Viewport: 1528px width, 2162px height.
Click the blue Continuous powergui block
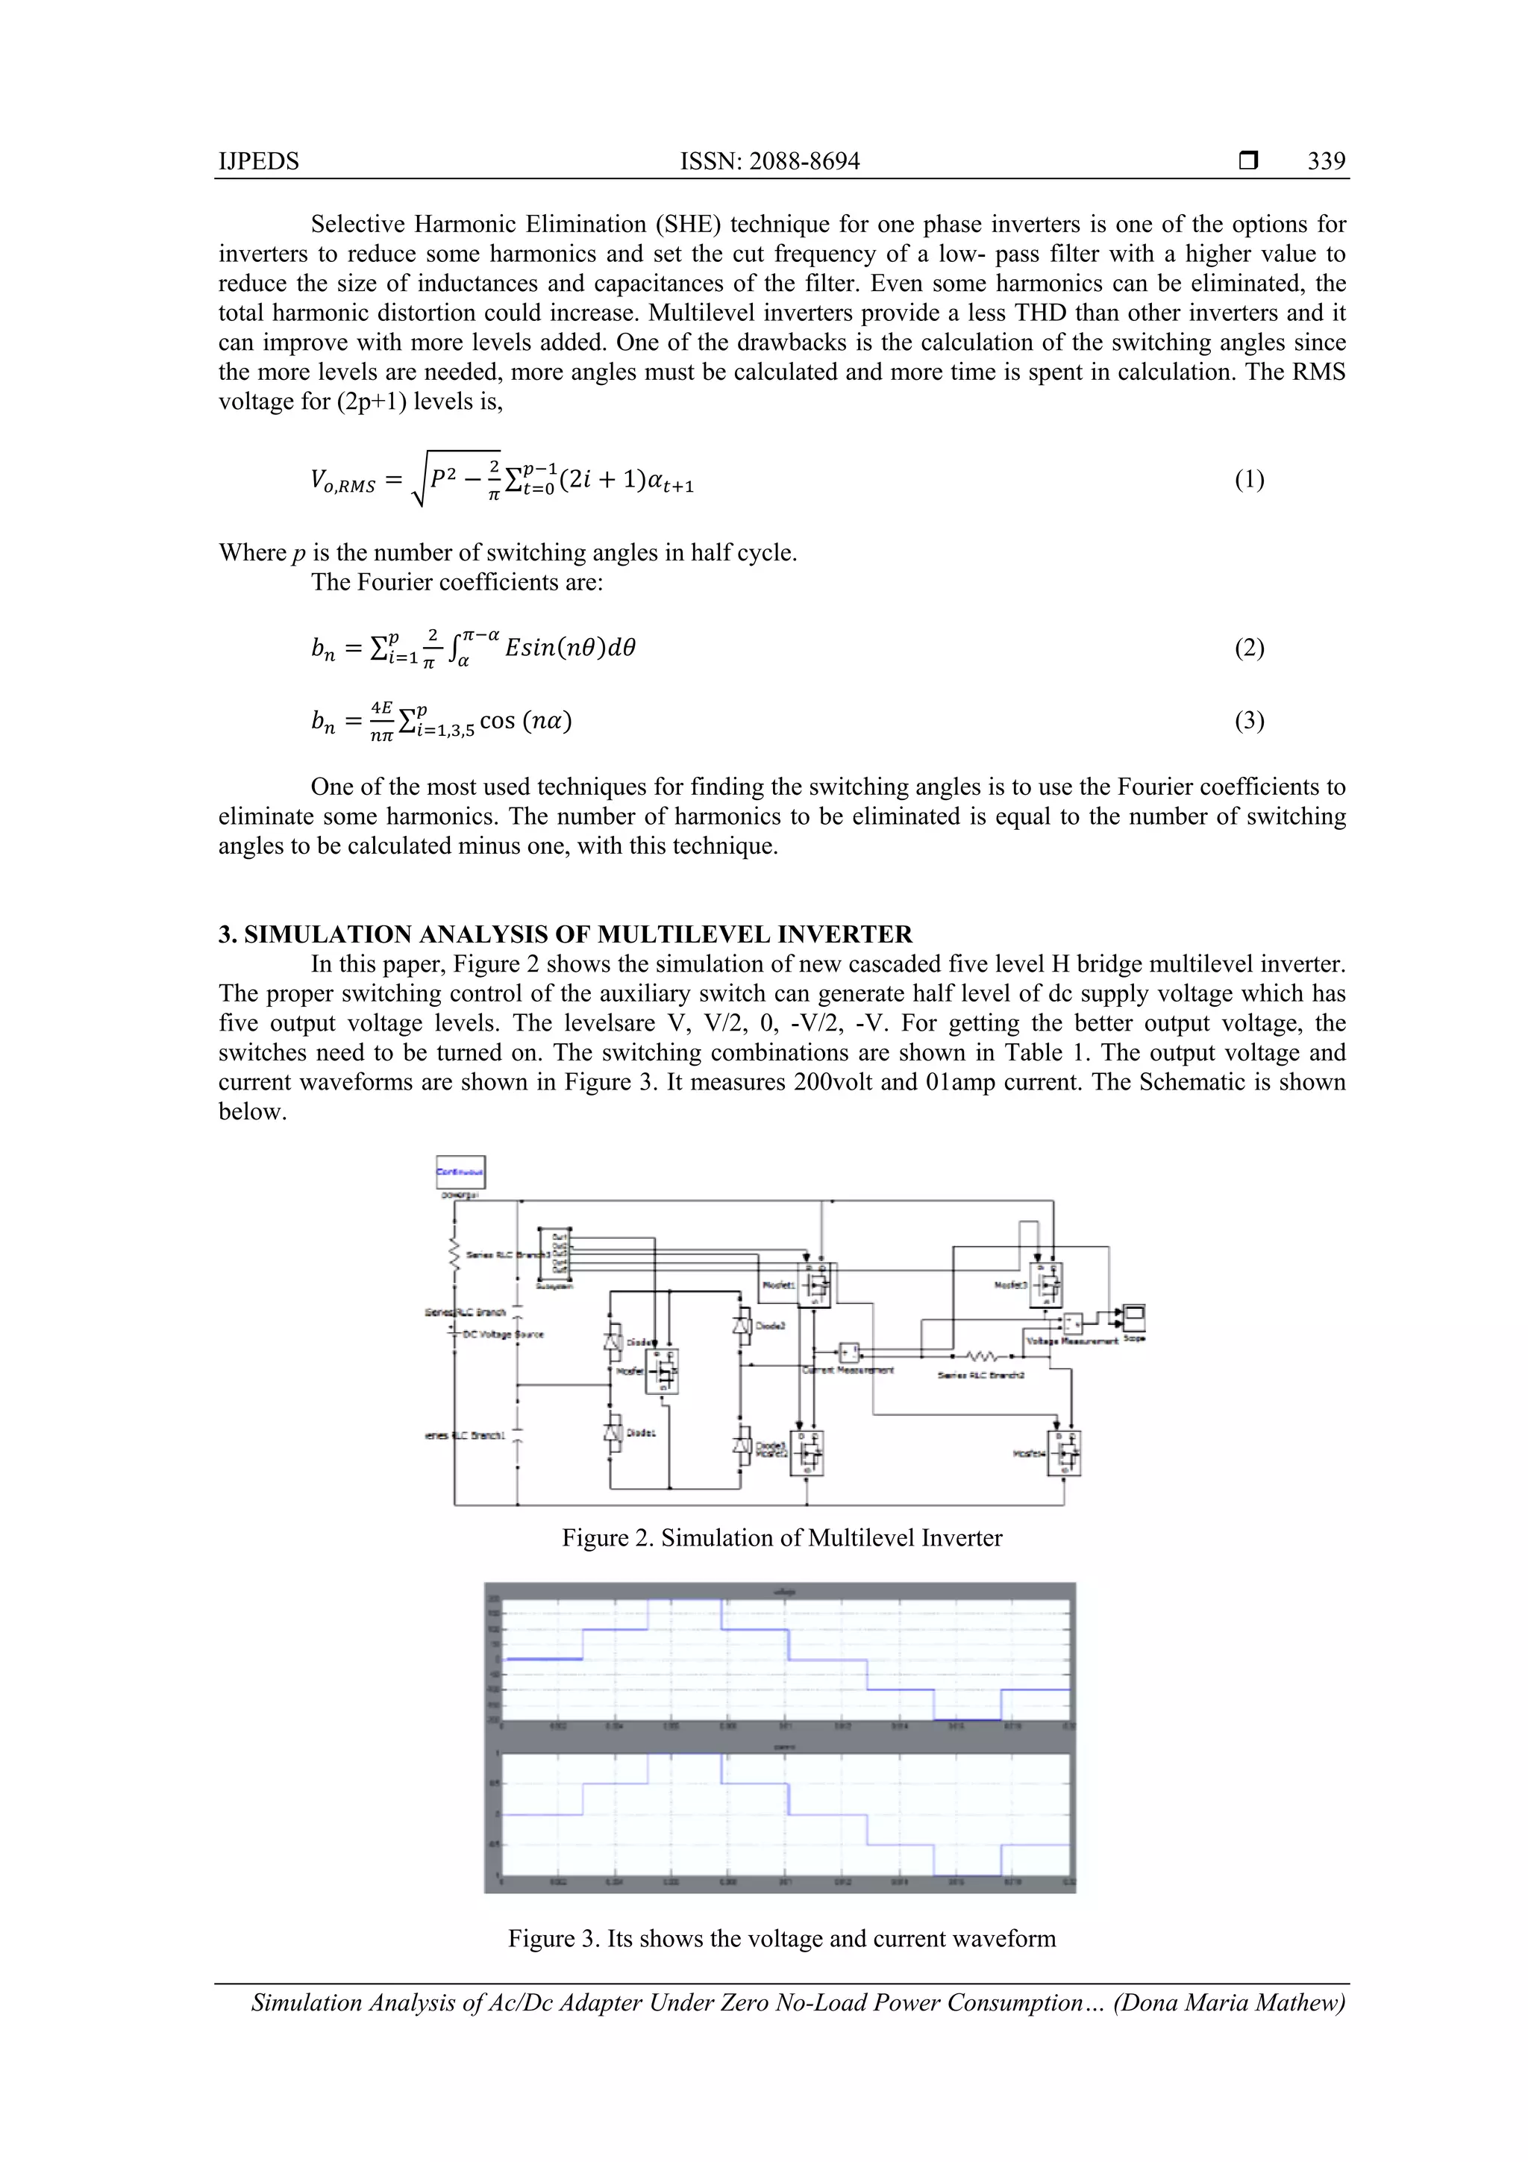[x=460, y=1172]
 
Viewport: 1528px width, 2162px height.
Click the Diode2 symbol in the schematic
[x=742, y=1324]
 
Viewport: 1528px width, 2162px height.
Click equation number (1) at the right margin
[x=1248, y=480]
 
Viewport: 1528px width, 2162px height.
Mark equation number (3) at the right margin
[x=1248, y=722]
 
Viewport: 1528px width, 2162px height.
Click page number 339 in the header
[x=1326, y=161]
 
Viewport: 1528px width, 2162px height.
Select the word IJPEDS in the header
[x=259, y=161]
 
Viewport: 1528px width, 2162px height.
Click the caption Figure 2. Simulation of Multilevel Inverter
[x=781, y=1537]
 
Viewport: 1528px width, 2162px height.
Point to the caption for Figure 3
[x=781, y=1938]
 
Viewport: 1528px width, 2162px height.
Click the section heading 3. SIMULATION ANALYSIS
[x=565, y=934]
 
